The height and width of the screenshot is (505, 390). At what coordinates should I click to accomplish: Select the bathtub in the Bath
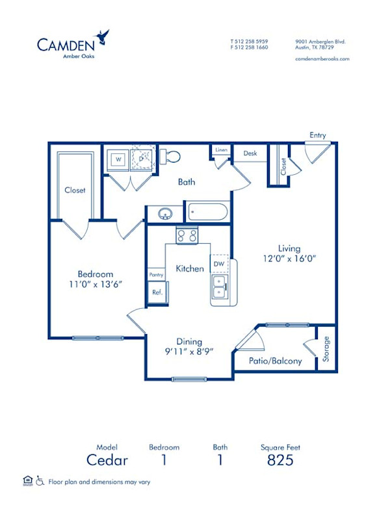coord(207,211)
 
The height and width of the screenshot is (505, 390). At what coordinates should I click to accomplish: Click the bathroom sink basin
coord(165,213)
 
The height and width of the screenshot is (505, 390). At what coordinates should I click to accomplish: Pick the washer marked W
coord(119,159)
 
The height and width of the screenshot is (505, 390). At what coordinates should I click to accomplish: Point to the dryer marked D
coord(142,158)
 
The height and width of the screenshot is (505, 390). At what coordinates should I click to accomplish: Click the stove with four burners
coord(187,235)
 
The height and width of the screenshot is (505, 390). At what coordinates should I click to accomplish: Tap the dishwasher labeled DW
coord(219,265)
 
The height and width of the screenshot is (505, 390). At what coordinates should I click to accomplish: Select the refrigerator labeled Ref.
coord(157,292)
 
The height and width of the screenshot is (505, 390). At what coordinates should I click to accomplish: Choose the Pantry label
coord(156,276)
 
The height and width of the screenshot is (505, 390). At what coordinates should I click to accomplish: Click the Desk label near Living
coord(250,153)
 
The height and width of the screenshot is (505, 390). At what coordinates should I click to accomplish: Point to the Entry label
coord(317,135)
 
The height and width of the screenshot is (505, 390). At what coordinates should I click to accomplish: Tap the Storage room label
coord(326,348)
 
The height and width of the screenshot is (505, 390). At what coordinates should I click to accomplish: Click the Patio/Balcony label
coord(276,361)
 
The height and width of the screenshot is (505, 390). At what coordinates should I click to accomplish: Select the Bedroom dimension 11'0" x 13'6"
coord(96,284)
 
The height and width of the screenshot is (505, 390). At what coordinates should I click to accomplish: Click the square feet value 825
coord(280,460)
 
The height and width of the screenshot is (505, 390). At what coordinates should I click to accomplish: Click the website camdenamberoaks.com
coord(322,58)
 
